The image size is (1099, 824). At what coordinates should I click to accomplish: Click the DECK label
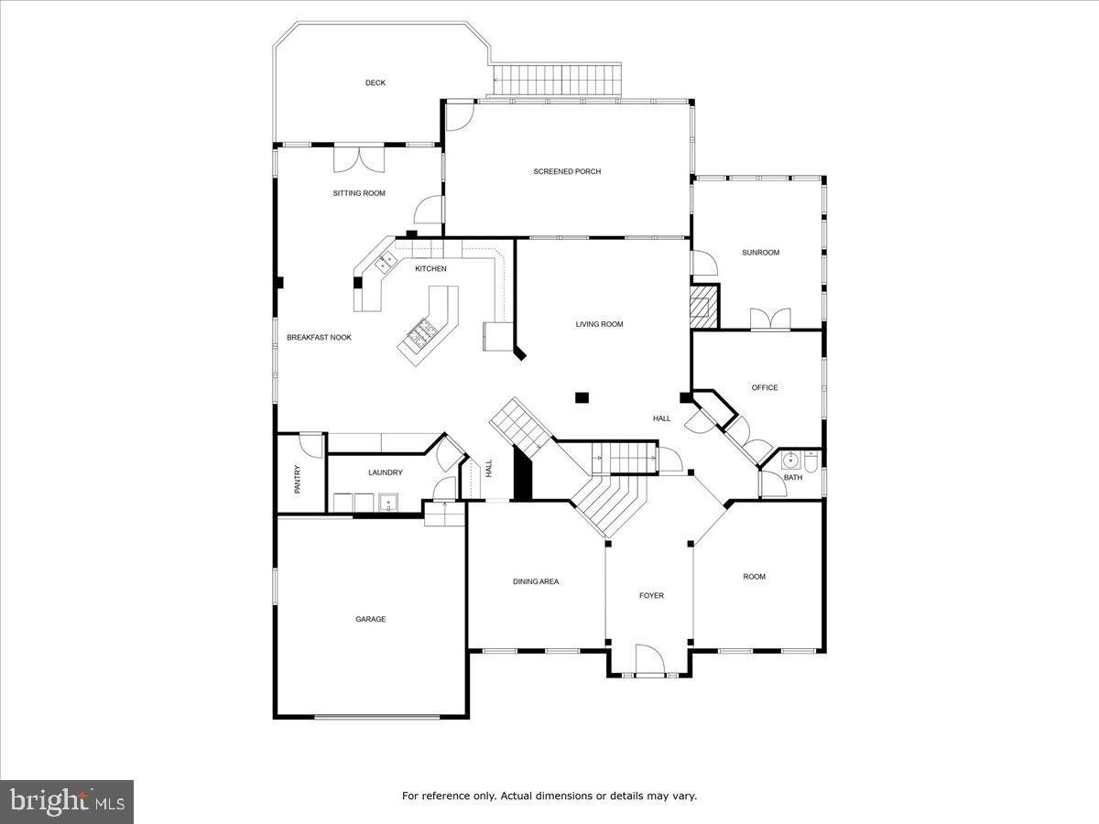tap(375, 83)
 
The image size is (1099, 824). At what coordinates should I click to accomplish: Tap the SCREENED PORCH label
tap(567, 171)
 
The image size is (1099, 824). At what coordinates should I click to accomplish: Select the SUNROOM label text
tap(760, 253)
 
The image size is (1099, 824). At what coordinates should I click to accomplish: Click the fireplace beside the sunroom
tap(704, 306)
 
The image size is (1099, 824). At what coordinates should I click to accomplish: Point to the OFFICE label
tap(765, 387)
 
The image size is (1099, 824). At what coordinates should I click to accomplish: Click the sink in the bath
tap(790, 460)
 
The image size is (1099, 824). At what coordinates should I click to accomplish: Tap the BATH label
tap(792, 477)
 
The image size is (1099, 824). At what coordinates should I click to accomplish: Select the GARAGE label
tap(370, 619)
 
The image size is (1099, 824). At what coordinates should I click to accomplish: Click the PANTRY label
tap(298, 480)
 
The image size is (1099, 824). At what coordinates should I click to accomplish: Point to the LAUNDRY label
tap(385, 472)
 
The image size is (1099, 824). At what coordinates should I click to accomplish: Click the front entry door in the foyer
tap(648, 661)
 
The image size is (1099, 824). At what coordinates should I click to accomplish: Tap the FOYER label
tap(651, 596)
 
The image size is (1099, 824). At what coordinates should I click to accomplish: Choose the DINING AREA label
tap(535, 581)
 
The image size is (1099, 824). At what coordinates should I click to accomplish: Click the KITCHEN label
tap(430, 268)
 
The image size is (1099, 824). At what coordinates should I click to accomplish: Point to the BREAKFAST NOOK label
tap(319, 338)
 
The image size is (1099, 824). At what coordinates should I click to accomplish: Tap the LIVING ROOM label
tap(599, 324)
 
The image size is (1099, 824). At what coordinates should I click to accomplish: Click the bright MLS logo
tap(67, 802)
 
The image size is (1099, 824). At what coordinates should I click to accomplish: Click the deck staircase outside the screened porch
tap(557, 80)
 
